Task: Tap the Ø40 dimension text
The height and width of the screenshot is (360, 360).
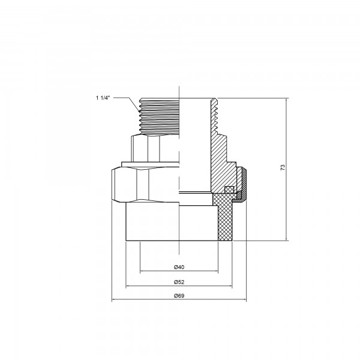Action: (178, 266)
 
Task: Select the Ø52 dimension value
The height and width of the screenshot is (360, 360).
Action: (178, 281)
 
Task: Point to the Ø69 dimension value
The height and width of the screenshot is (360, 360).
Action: (178, 296)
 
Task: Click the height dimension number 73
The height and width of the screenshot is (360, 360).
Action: (283, 169)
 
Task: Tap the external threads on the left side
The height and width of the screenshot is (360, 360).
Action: (157, 117)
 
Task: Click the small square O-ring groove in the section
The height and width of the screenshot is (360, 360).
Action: (228, 190)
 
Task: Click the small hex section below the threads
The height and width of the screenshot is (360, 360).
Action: (155, 147)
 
